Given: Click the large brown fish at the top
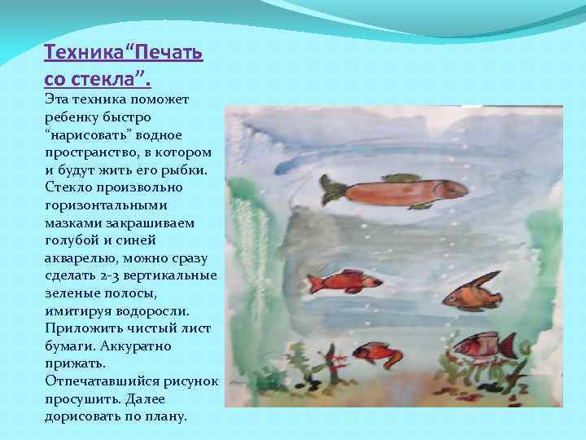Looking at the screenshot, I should pyautogui.click(x=399, y=191).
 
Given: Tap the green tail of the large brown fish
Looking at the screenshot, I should pyautogui.click(x=332, y=190).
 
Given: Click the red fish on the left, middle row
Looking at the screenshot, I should pyautogui.click(x=345, y=283).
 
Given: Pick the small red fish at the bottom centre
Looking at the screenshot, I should pyautogui.click(x=376, y=352).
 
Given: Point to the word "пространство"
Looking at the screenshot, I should pyautogui.click(x=87, y=152).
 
